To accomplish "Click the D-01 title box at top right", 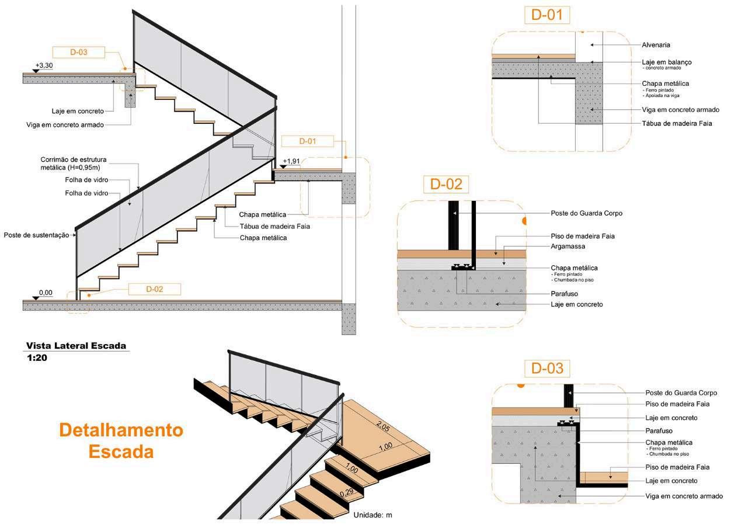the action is pos(546,15).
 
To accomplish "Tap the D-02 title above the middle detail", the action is pos(446,184).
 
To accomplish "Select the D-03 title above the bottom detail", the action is pos(547,369).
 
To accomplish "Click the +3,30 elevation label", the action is pos(44,65).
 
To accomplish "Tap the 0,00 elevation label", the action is pos(46,292).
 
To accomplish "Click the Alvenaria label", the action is pos(656,44).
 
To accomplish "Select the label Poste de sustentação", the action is pos(36,235).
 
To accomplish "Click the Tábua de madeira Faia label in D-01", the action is pos(677,123).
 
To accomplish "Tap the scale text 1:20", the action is pos(36,358).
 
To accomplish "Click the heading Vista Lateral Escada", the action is pos(76,346).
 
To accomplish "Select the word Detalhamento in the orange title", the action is pos(121,430).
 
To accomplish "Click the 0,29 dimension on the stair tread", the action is pos(347,491).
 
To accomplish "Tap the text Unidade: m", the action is pos(376,515).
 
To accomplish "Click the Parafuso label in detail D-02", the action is pos(564,294).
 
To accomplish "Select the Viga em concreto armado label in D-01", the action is pos(680,109).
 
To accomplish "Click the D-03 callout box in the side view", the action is pos(78,53).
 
